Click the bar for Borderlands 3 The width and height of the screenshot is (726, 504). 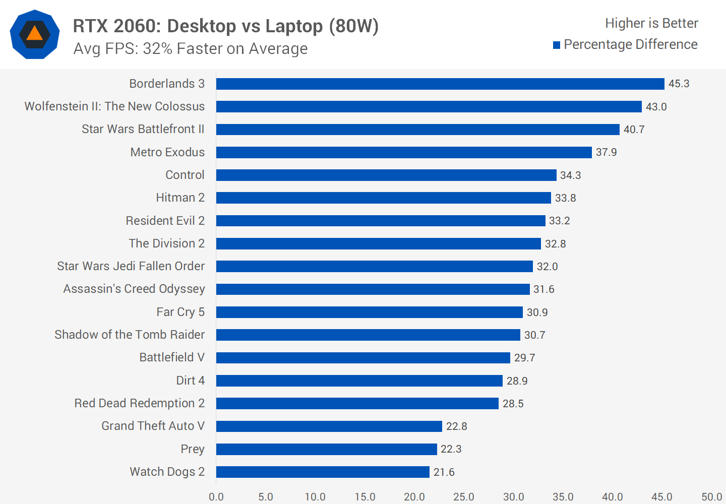tap(440, 84)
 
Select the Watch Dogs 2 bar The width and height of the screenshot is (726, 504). tap(323, 472)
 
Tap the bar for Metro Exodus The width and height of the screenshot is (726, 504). tap(404, 152)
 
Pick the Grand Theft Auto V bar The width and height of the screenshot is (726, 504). tap(329, 426)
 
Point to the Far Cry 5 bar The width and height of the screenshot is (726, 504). tap(370, 312)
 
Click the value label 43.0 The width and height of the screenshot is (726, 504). tap(656, 107)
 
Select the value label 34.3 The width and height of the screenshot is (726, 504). tap(570, 175)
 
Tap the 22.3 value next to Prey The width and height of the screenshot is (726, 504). tap(451, 449)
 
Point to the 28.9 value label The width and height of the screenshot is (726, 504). tap(517, 381)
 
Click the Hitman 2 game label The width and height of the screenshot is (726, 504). tap(180, 198)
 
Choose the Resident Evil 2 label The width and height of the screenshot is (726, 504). tap(165, 221)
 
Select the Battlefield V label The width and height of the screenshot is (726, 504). tap(172, 357)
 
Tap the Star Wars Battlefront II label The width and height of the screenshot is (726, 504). tap(143, 129)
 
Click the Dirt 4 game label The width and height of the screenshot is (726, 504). tap(190, 381)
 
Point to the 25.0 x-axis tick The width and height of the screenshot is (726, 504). tap(463, 497)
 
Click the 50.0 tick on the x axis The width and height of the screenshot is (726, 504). tap(711, 497)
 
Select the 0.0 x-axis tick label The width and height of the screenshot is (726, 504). tap(216, 497)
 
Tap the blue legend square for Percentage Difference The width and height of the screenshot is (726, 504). tap(557, 45)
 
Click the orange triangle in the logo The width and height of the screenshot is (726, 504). tap(34, 34)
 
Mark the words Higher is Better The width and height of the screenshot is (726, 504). tap(651, 23)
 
